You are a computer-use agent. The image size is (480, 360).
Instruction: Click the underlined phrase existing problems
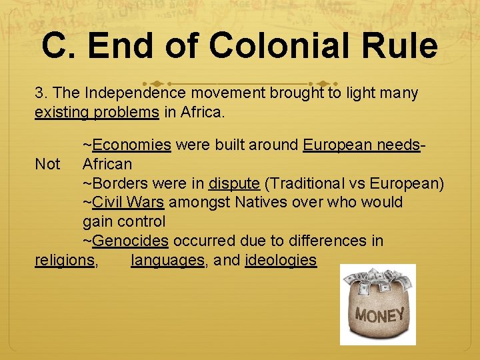click(97, 111)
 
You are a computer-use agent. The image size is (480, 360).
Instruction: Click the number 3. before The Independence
click(41, 93)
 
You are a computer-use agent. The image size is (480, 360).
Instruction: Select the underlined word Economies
click(132, 145)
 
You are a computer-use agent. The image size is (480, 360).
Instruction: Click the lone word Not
click(47, 164)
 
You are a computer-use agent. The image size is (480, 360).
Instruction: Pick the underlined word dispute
click(233, 183)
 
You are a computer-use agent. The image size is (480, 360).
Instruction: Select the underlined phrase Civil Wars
click(128, 202)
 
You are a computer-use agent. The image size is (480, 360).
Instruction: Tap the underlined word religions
click(65, 259)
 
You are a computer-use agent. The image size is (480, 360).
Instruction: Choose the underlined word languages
click(167, 259)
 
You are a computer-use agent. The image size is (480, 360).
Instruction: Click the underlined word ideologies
click(281, 259)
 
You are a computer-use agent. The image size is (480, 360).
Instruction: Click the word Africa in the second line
click(202, 111)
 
